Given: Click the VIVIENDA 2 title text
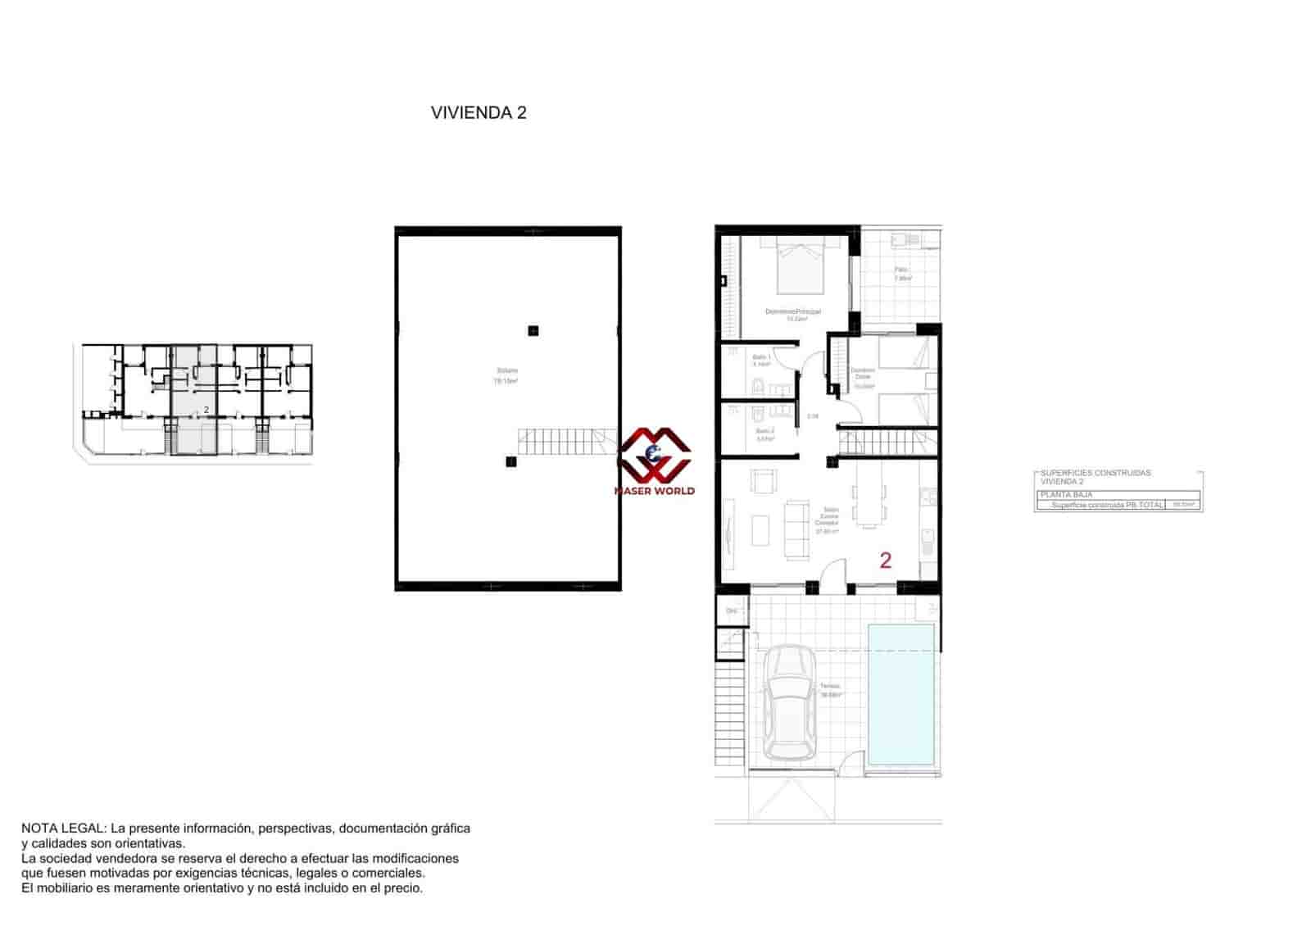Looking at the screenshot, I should click(479, 113).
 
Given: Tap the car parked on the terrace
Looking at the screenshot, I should click(787, 702).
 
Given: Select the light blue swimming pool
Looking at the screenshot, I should click(900, 694).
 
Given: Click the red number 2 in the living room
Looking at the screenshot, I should click(885, 561).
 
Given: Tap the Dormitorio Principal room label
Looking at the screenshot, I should click(792, 312).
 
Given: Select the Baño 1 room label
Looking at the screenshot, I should click(762, 358).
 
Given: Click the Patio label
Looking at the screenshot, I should click(901, 270).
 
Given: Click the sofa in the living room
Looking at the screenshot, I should click(795, 529).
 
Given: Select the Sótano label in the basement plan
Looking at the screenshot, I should click(506, 371).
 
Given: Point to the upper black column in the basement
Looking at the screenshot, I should click(533, 331).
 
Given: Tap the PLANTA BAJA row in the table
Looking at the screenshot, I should click(1066, 495).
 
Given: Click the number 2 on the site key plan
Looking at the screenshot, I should click(206, 409).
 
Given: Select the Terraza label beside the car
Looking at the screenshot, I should click(829, 687).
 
